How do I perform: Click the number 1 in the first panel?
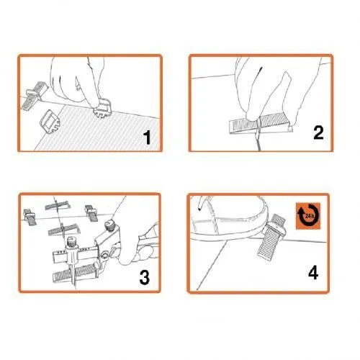147,137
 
